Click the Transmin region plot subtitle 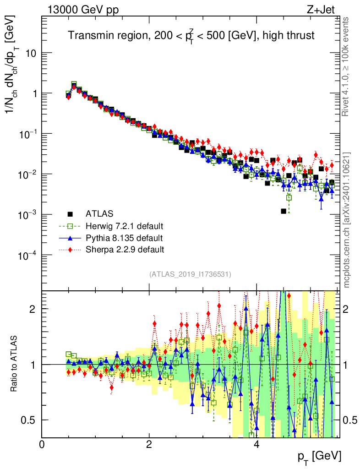pos(191,36)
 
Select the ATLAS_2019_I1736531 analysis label pos(190,274)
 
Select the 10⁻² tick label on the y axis pos(28,175)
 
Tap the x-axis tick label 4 pos(256,444)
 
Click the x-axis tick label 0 pos(42,444)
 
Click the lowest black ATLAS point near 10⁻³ pos(284,211)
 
